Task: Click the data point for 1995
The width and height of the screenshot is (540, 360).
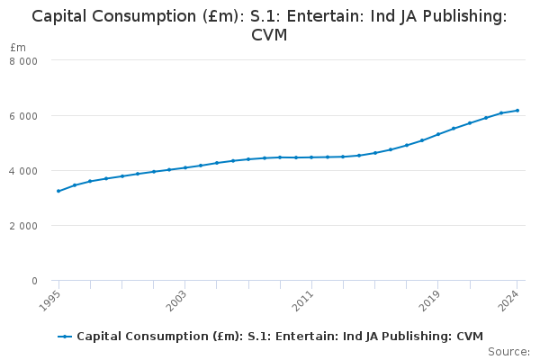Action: click(58, 191)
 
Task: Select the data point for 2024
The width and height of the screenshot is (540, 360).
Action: click(517, 111)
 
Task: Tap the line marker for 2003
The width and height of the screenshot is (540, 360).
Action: click(185, 167)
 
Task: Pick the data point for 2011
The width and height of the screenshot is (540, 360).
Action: click(311, 157)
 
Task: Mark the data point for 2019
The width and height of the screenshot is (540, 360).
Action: click(438, 134)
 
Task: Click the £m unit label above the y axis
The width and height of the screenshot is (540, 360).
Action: click(18, 47)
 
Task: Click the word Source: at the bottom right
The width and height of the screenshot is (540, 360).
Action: click(508, 351)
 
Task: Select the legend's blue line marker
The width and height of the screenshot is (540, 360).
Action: click(65, 337)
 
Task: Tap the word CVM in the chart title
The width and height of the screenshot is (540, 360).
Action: click(270, 36)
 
